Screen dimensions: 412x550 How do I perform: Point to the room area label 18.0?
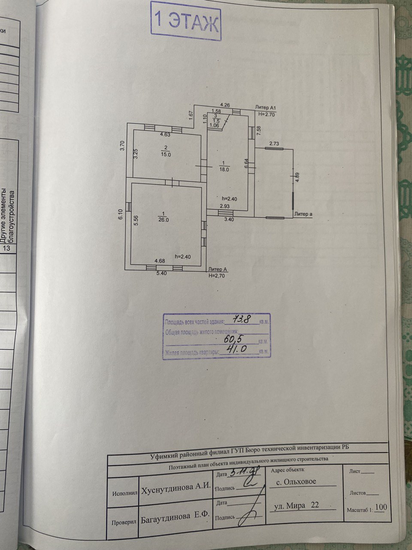pyautogui.click(x=224, y=169)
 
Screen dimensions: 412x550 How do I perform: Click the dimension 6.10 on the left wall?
pyautogui.click(x=121, y=215)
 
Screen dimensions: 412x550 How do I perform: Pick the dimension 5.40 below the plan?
pyautogui.click(x=161, y=273)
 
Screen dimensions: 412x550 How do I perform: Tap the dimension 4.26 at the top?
pyautogui.click(x=225, y=104)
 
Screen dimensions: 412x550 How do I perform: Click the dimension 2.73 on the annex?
pyautogui.click(x=274, y=144)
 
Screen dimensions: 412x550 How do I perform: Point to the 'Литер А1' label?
pyautogui.click(x=267, y=107)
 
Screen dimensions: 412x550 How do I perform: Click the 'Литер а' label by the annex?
pyautogui.click(x=303, y=214)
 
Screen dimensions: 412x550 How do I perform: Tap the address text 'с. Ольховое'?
pyautogui.click(x=296, y=482)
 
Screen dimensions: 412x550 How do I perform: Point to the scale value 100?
pyautogui.click(x=381, y=507)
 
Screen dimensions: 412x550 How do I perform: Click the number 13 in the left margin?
pyautogui.click(x=7, y=248)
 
